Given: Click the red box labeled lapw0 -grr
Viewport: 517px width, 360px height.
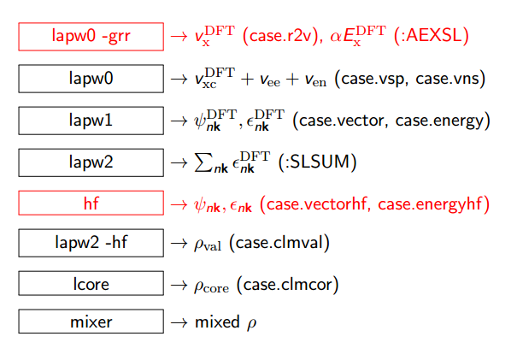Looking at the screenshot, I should pos(91,37).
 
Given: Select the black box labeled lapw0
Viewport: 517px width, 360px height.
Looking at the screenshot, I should pos(91,79).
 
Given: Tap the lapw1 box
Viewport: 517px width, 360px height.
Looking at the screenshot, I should pos(91,120).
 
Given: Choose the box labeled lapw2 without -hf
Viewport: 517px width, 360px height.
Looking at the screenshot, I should pos(91,161).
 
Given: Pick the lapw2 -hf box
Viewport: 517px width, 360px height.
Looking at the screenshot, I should pos(91,243).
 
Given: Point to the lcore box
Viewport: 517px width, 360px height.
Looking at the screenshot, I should pos(91,283).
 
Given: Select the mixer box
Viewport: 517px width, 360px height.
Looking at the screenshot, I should pos(91,322).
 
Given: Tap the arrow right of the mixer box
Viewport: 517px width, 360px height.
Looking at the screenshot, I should pos(179,323).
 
